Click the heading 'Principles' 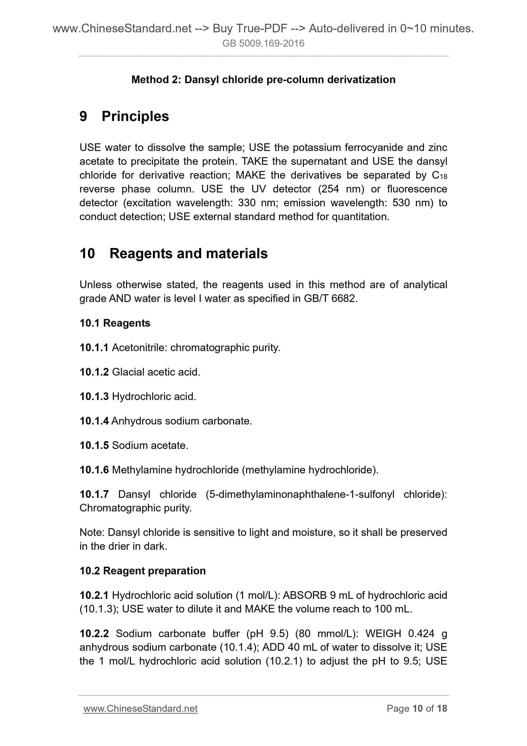[135, 116]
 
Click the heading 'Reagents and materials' [188, 253]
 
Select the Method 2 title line [263, 80]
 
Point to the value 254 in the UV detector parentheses [330, 189]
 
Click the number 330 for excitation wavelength [247, 203]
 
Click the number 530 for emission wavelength [401, 203]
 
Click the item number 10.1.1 [94, 348]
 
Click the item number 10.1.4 [94, 421]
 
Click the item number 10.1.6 [94, 470]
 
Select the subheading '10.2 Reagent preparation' [142, 571]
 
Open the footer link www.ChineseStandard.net [140, 709]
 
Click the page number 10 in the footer [417, 709]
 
